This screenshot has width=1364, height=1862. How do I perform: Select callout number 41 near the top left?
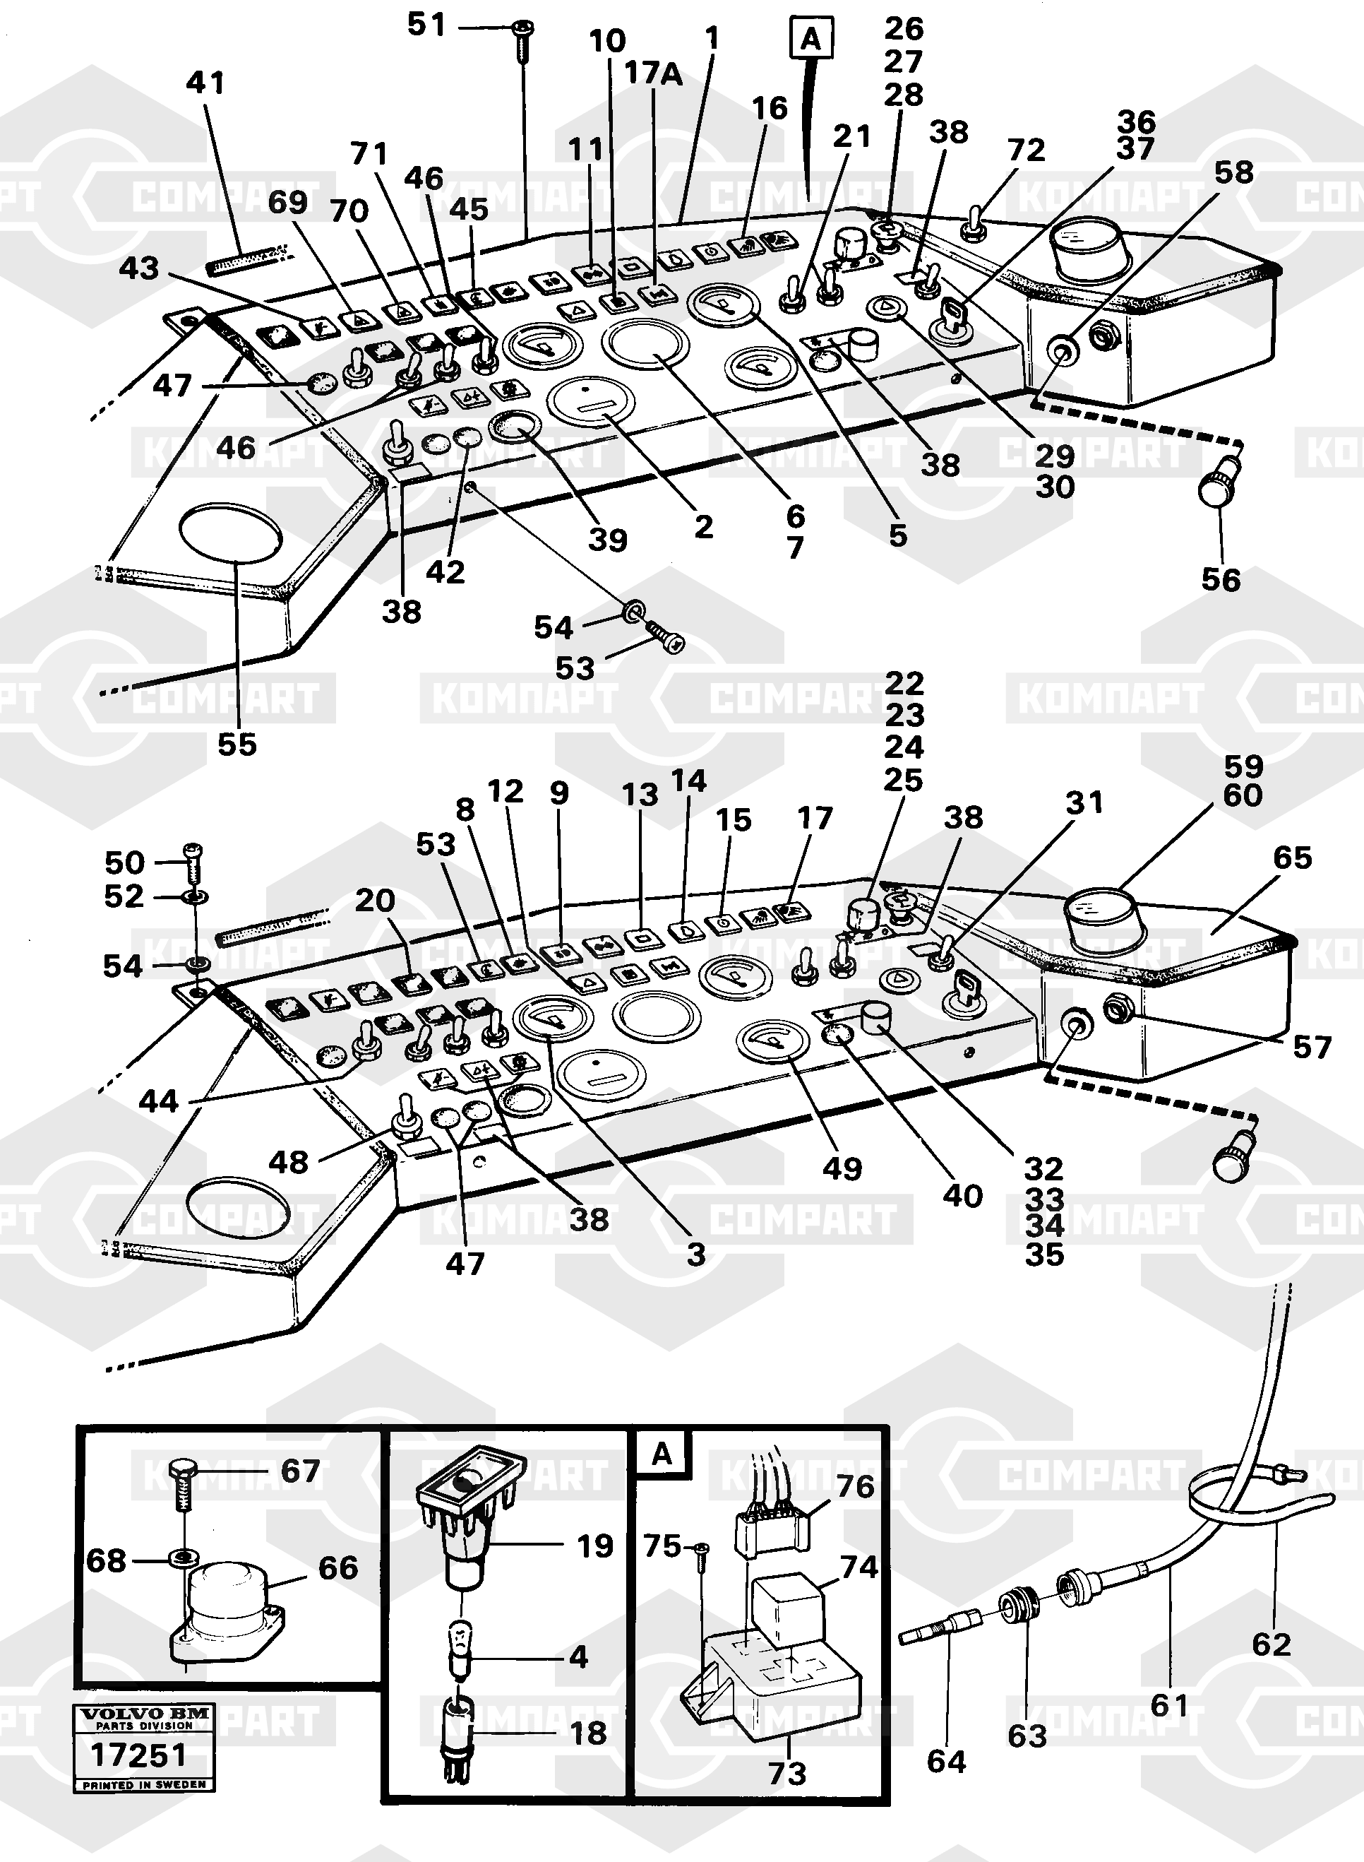[205, 83]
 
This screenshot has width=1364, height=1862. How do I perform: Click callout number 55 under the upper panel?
[237, 745]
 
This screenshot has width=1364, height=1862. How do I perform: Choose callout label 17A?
[652, 73]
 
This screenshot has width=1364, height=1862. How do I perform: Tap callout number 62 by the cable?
[1271, 1644]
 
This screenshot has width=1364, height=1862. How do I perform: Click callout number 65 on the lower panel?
[1292, 858]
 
